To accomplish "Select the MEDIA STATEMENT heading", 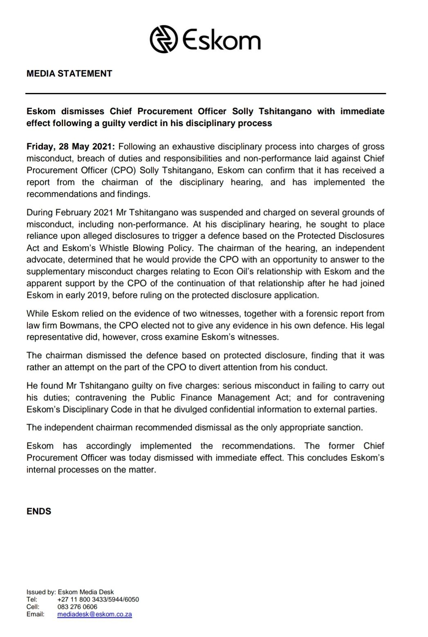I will pos(69,74).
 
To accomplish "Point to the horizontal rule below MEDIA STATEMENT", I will pos(206,94).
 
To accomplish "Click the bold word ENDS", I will pos(39,511).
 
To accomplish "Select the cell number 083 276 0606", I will pos(78,607).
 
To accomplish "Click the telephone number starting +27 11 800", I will pos(99,599).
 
